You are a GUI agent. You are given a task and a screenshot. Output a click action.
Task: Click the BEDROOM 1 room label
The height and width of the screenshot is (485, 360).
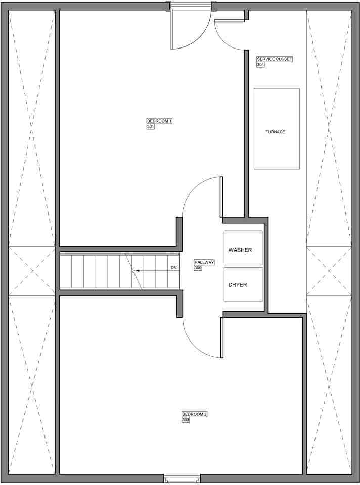point(159,121)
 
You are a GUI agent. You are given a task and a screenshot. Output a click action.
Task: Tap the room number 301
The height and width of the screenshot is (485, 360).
point(150,127)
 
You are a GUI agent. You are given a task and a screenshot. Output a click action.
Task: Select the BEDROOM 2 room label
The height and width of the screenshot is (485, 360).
point(195,414)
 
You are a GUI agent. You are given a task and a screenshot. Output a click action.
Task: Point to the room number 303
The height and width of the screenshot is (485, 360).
point(186,420)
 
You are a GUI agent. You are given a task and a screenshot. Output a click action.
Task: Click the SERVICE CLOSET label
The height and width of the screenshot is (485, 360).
point(275,59)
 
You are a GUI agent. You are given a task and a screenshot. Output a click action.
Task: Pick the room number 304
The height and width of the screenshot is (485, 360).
point(260,65)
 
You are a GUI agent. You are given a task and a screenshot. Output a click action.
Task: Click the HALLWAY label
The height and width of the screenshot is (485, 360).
point(204,262)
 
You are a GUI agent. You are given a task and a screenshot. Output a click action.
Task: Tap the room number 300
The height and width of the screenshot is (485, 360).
point(198,268)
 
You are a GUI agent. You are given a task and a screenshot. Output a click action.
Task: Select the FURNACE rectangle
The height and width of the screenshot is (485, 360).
point(276,152)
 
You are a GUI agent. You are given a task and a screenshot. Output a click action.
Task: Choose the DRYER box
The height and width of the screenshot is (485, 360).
point(243,293)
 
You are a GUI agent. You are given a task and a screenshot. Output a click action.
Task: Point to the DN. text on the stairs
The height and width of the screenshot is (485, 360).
point(174,268)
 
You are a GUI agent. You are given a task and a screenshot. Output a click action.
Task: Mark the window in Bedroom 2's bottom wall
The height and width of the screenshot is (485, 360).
point(182,478)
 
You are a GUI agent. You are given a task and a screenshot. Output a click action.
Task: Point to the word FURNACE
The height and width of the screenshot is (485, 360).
point(276,132)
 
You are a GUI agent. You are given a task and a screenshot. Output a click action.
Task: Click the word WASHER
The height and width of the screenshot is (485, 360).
point(240,250)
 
